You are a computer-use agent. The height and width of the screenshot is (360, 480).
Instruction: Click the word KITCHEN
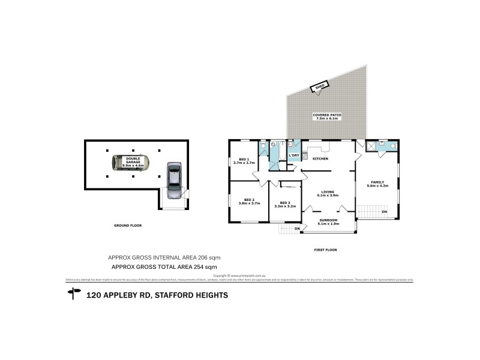pos(320,159)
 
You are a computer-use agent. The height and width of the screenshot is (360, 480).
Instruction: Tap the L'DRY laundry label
pos(294,156)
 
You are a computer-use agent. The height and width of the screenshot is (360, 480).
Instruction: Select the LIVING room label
pos(328,192)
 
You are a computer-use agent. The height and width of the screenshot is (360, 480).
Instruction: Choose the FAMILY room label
pos(377,182)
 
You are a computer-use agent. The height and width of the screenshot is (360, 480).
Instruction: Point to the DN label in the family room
pos(384,212)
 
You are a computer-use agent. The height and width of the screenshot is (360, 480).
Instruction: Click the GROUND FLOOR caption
pos(128,226)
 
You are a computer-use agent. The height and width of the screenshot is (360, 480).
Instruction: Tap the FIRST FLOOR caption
pos(326,249)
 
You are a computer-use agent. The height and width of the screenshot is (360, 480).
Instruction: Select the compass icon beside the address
pos(74,293)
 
